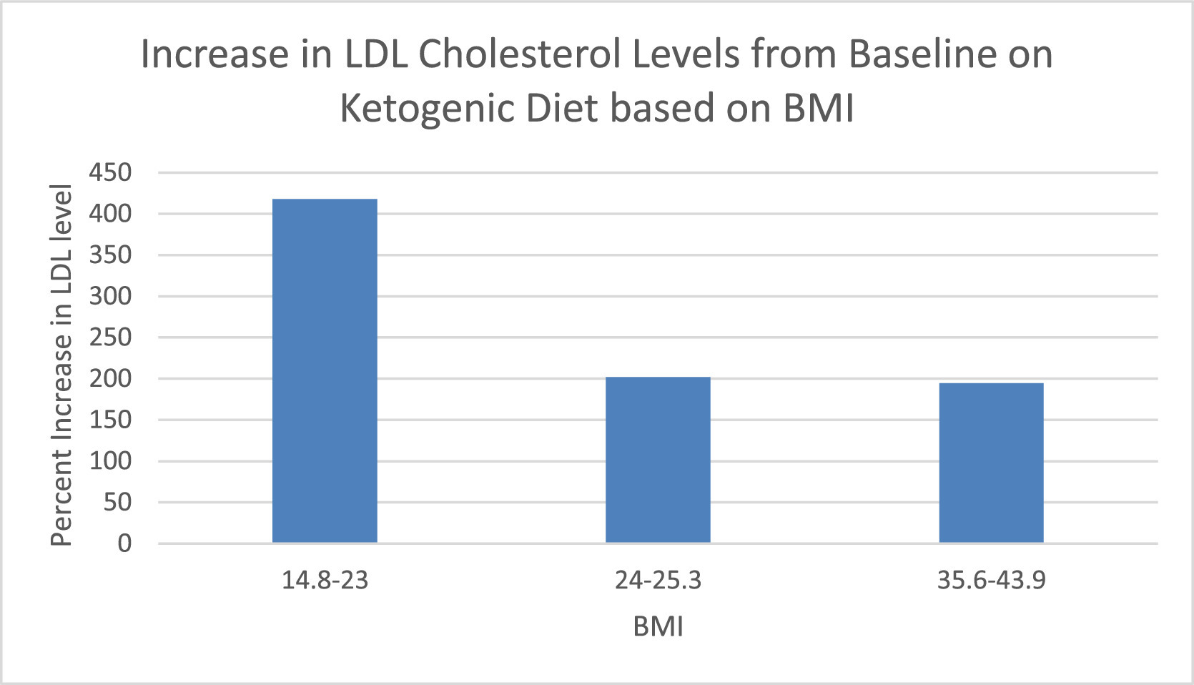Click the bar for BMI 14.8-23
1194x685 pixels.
[x=325, y=370]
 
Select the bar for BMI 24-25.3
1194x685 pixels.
[x=658, y=460]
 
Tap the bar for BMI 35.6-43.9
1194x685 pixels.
[x=992, y=463]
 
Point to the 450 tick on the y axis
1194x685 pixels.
[x=110, y=173]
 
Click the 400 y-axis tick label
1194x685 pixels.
[x=110, y=214]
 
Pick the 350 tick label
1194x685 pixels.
[x=110, y=255]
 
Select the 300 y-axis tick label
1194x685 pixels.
[x=110, y=296]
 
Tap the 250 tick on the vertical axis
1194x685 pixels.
[x=110, y=337]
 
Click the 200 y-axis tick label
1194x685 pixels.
[x=110, y=378]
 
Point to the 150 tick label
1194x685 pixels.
[x=110, y=420]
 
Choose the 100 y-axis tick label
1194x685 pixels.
[x=110, y=460]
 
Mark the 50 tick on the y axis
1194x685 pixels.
[x=117, y=502]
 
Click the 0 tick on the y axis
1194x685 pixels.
[x=124, y=543]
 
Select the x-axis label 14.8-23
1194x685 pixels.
[x=325, y=580]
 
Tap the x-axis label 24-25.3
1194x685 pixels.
[x=658, y=580]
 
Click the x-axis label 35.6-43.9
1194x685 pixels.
[x=992, y=580]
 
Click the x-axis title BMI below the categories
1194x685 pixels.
[x=658, y=626]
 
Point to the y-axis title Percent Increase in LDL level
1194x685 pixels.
[x=61, y=365]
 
